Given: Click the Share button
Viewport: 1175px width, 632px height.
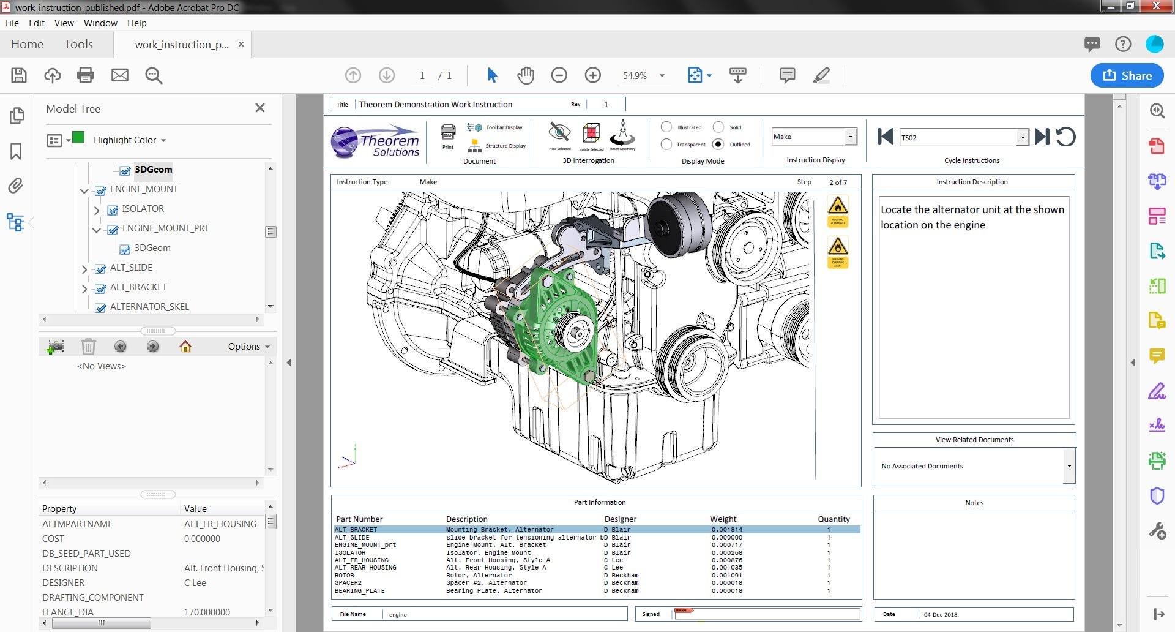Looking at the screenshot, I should [1127, 75].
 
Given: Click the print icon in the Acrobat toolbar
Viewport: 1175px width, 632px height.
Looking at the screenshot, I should [86, 75].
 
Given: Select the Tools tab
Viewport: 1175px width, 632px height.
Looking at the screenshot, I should [78, 44].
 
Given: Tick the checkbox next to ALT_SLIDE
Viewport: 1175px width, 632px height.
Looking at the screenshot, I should [101, 268].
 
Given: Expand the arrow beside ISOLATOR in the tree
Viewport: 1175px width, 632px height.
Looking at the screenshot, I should [97, 210].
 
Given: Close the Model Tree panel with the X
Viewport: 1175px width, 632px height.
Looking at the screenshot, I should [260, 108].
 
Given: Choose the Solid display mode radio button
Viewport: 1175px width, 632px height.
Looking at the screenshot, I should [718, 127].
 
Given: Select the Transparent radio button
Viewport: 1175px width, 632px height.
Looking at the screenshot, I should [666, 144].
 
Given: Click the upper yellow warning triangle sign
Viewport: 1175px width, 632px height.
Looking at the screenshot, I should [838, 206].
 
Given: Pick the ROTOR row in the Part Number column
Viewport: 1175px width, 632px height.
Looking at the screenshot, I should [345, 575].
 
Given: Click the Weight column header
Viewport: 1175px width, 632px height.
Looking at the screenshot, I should [723, 519].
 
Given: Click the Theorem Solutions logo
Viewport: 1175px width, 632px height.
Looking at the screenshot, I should [376, 142].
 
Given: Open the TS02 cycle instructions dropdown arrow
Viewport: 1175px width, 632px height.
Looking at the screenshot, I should [1022, 137].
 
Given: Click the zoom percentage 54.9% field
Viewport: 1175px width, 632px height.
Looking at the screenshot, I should [635, 75].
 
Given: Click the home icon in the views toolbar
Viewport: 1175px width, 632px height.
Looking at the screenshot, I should [185, 347].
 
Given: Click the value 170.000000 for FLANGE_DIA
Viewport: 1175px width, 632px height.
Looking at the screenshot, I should [207, 612].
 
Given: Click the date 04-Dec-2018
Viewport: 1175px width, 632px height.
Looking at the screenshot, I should [940, 614].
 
